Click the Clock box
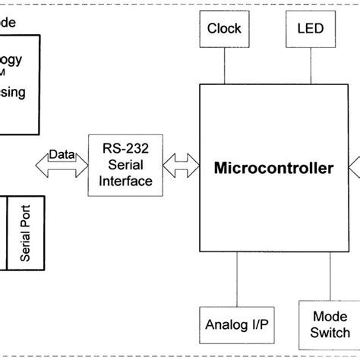[x=224, y=29]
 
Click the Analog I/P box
[x=237, y=325]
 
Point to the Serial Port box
[x=26, y=232]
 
